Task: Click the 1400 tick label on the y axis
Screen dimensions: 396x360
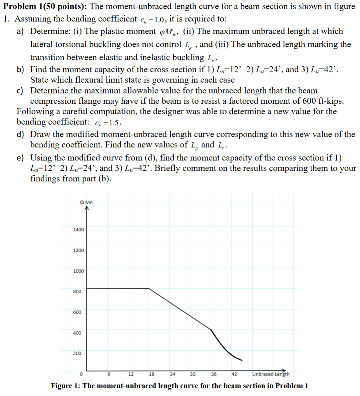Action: point(78,230)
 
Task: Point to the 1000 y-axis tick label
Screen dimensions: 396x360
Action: point(78,271)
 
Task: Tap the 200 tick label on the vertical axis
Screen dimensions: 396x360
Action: point(77,353)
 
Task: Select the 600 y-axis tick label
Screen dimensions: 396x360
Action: point(77,312)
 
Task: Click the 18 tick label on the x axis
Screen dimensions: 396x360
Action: point(152,374)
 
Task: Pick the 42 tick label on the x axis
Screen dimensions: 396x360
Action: point(234,374)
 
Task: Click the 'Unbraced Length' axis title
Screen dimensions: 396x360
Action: point(271,374)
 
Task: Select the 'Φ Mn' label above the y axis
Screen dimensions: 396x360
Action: point(86,202)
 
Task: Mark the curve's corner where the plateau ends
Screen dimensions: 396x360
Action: point(148,288)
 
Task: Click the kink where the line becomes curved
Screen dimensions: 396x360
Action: point(211,329)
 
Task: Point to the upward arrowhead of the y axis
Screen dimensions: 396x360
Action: point(86,208)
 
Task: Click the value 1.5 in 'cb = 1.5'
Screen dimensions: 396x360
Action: point(115,123)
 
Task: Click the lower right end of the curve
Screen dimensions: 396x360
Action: point(242,360)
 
